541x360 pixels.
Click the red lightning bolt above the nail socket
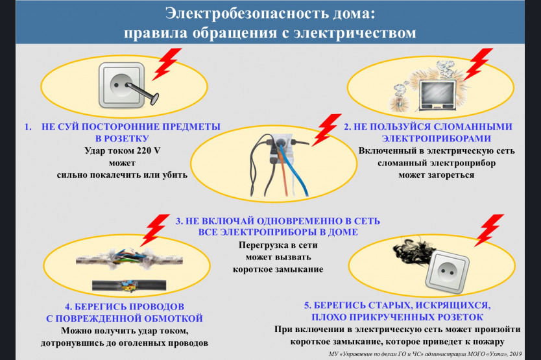click(167, 64)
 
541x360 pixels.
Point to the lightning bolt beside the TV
click(478, 64)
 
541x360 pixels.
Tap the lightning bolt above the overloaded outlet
click(326, 130)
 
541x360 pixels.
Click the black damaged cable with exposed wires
click(129, 285)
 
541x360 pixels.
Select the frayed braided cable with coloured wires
click(129, 259)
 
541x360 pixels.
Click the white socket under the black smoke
click(447, 272)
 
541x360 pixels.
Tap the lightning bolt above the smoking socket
click(489, 230)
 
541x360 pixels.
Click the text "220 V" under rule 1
click(149, 151)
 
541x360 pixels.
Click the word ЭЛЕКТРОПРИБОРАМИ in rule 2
click(437, 139)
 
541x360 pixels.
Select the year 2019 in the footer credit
click(516, 354)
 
